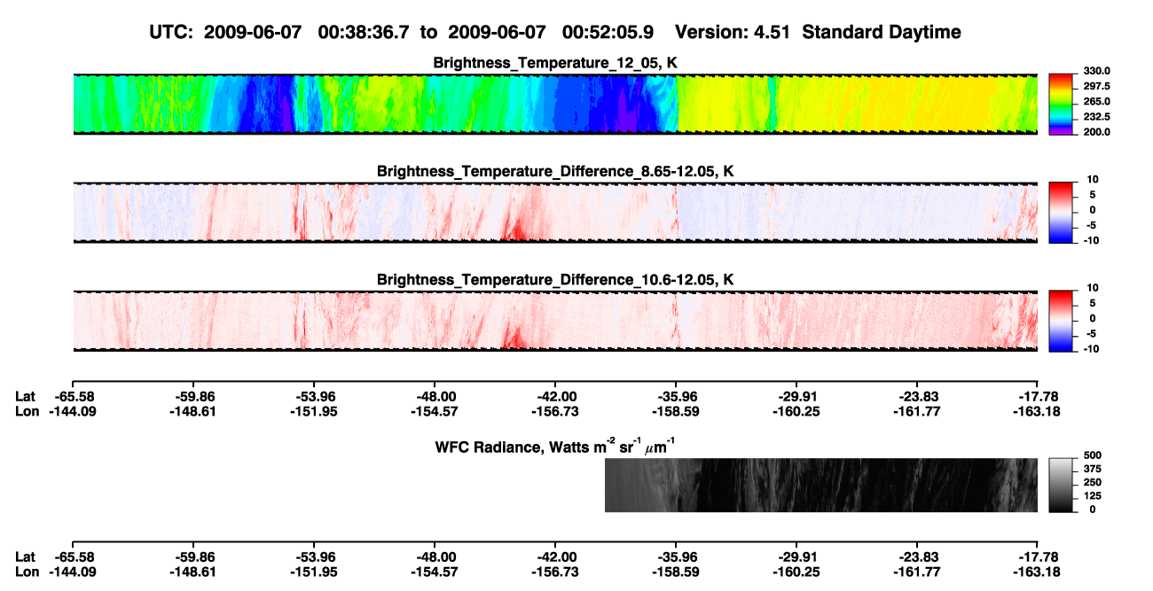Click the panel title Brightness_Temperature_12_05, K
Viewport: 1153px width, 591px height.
[x=555, y=63]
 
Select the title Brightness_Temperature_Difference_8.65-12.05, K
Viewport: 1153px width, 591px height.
[x=555, y=171]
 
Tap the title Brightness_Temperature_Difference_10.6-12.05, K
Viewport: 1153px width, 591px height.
[x=555, y=280]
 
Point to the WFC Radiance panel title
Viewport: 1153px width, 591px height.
[x=555, y=447]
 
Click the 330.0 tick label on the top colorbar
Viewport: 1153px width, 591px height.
[x=1096, y=71]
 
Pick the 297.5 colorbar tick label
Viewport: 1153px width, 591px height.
[x=1096, y=87]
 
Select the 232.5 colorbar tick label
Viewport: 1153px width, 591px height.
[x=1096, y=117]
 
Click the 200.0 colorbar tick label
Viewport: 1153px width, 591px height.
[x=1096, y=132]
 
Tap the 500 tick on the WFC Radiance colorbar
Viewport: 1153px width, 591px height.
[x=1093, y=455]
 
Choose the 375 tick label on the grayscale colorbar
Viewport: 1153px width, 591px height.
[x=1093, y=469]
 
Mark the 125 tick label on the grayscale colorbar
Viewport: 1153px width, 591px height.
[x=1093, y=496]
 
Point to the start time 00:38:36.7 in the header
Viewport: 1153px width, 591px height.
[x=364, y=33]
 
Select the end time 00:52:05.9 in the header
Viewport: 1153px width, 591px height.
[x=608, y=33]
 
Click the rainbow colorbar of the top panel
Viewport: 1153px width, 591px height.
[x=1061, y=105]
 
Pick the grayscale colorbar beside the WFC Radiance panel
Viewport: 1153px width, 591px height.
[x=1061, y=485]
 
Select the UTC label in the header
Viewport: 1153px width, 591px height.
[x=171, y=33]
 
